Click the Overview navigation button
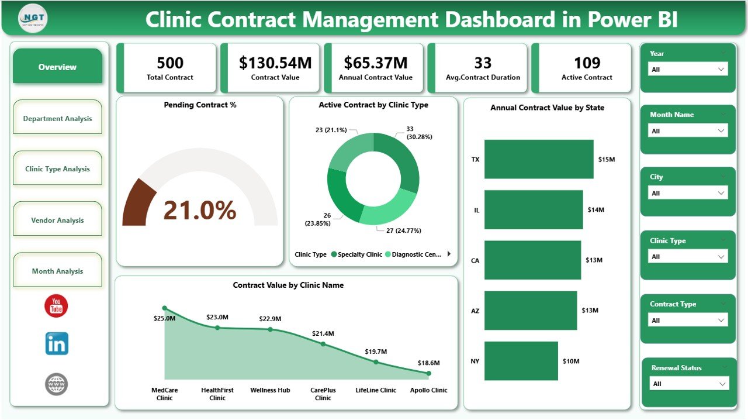tap(57, 67)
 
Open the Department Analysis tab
tap(57, 118)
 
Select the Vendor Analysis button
tap(57, 220)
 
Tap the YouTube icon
tap(57, 306)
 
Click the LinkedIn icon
tap(57, 344)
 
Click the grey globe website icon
tap(57, 384)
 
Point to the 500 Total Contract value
tap(170, 63)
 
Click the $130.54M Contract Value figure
tap(275, 63)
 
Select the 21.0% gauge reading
tap(199, 210)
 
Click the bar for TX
tap(538, 159)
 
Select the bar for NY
tap(521, 361)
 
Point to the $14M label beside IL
tap(596, 209)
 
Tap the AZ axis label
tap(475, 311)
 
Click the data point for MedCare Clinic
tap(164, 308)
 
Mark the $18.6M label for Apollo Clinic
tap(428, 363)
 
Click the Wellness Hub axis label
tap(270, 390)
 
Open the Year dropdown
tap(688, 70)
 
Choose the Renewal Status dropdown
tap(688, 384)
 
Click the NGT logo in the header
tap(33, 19)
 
